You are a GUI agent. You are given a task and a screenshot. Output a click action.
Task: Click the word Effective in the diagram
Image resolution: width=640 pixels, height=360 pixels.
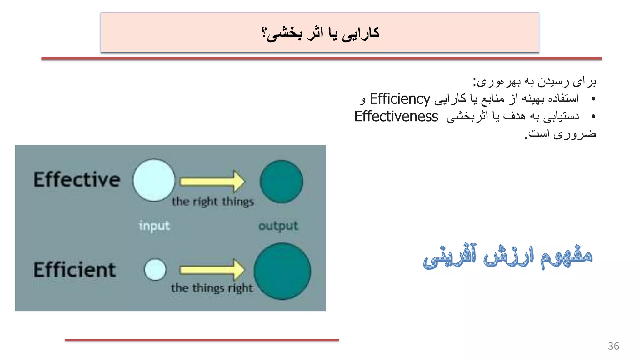(77, 180)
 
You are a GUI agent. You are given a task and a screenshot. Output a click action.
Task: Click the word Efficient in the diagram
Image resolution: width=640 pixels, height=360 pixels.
(75, 270)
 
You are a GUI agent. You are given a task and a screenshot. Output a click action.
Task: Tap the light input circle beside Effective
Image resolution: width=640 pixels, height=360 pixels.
(154, 180)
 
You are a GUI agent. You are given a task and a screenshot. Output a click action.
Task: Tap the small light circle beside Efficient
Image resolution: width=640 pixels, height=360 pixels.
(155, 269)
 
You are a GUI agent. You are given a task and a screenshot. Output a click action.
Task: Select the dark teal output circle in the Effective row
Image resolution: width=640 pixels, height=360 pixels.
(281, 182)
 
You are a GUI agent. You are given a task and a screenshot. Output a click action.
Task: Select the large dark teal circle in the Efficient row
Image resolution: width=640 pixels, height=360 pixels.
(282, 271)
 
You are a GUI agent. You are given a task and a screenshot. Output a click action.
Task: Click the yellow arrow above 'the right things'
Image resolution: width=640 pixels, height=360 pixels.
(212, 181)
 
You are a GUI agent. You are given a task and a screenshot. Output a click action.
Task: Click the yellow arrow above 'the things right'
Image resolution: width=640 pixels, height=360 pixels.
(212, 270)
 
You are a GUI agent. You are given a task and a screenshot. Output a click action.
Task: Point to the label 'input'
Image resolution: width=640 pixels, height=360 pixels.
(154, 226)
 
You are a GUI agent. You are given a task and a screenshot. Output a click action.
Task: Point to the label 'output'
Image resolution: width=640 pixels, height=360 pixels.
(278, 226)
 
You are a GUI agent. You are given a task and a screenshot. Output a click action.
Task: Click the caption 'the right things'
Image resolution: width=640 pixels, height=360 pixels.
(213, 202)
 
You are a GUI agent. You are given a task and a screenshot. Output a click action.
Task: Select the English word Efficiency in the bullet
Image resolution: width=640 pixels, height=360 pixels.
(400, 99)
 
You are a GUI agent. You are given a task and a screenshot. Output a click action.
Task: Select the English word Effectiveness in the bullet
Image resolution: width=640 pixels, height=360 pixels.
(396, 117)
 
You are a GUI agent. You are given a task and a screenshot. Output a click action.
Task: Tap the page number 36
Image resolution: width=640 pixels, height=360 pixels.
(613, 346)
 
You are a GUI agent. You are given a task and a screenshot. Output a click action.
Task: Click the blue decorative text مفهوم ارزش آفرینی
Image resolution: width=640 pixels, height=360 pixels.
(507, 256)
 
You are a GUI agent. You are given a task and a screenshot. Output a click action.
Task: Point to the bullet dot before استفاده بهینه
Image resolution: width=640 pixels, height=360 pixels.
(593, 99)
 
